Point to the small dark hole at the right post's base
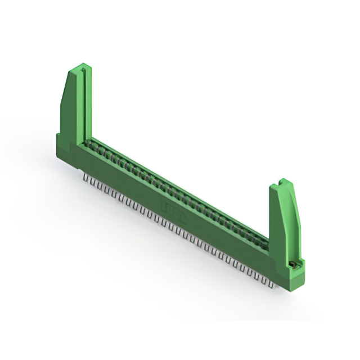[x=292, y=263]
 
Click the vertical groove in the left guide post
[x=83, y=101]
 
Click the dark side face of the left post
[x=69, y=112]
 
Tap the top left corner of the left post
[x=70, y=72]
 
